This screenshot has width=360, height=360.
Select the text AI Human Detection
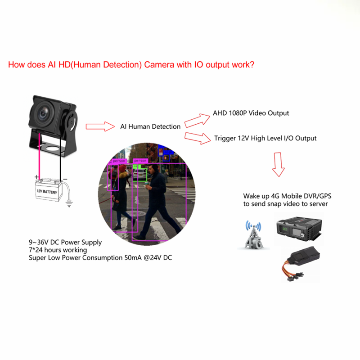(x=150, y=126)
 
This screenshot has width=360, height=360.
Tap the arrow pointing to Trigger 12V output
(x=198, y=137)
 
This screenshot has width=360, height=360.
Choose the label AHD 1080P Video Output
(x=251, y=113)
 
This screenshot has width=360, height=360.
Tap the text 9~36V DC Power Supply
(x=65, y=242)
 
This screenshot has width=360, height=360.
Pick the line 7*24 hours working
(x=58, y=250)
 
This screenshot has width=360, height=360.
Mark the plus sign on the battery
(x=37, y=177)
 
